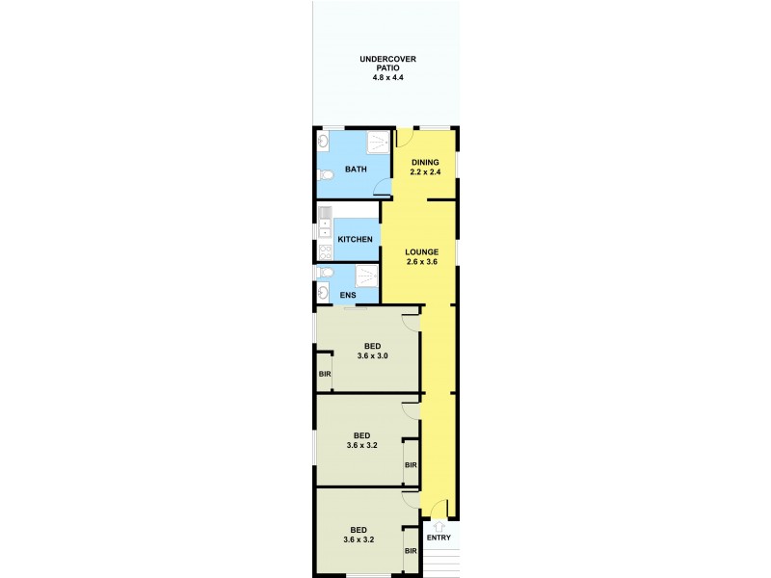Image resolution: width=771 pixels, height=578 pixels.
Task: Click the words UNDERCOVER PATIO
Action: pyautogui.click(x=381, y=64)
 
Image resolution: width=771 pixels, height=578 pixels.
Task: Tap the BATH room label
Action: pyautogui.click(x=357, y=171)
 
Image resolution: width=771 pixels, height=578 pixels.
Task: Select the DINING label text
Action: pyautogui.click(x=425, y=162)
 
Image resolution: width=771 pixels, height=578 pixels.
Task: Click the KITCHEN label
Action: pyautogui.click(x=355, y=238)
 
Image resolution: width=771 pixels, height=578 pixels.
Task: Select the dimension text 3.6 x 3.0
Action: pyautogui.click(x=372, y=356)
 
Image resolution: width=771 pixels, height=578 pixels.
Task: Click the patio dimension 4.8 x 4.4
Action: pyautogui.click(x=381, y=77)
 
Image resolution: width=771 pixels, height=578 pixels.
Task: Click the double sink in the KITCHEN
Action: pyautogui.click(x=325, y=223)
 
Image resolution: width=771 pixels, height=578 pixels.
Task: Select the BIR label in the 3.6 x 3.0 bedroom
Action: pyautogui.click(x=325, y=373)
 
